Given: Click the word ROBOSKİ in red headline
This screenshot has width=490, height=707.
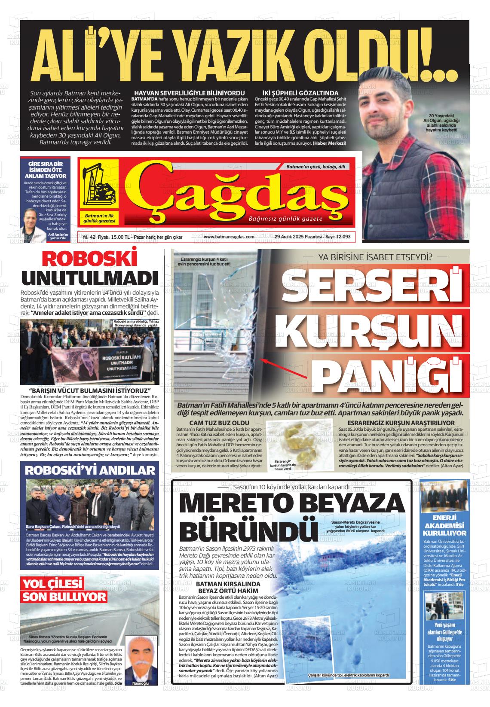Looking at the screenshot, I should [90, 260].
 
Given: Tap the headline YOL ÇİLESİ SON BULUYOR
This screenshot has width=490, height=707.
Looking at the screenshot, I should [64, 590].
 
